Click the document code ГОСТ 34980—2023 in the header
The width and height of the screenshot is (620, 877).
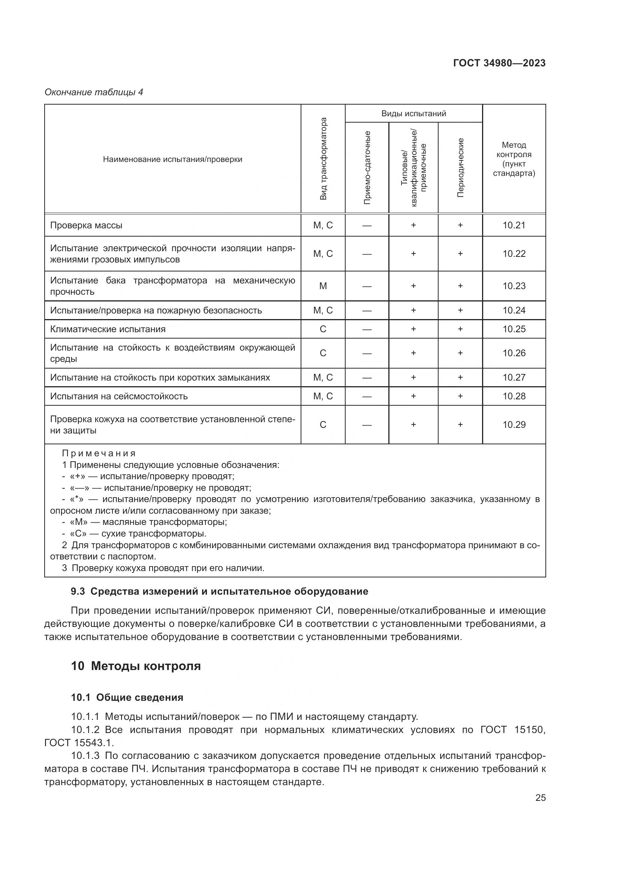[499, 63]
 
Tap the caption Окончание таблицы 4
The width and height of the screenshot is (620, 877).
[94, 92]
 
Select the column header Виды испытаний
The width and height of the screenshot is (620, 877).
[413, 114]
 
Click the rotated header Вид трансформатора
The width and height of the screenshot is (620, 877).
[323, 159]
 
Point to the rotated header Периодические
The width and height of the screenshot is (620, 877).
[460, 167]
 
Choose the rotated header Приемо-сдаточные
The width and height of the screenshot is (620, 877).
[367, 167]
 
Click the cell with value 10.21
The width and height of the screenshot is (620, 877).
[514, 225]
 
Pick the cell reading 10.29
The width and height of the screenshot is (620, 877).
[514, 425]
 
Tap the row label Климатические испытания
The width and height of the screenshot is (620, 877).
[108, 329]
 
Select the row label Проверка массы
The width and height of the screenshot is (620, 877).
[86, 225]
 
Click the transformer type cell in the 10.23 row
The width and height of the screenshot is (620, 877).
[323, 286]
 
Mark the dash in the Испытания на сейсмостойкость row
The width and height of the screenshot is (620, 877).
[367, 396]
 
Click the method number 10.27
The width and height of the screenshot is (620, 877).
[514, 378]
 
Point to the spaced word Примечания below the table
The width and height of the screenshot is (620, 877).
[99, 453]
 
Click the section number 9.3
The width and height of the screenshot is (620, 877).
[78, 592]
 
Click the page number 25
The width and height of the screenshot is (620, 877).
[540, 798]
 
